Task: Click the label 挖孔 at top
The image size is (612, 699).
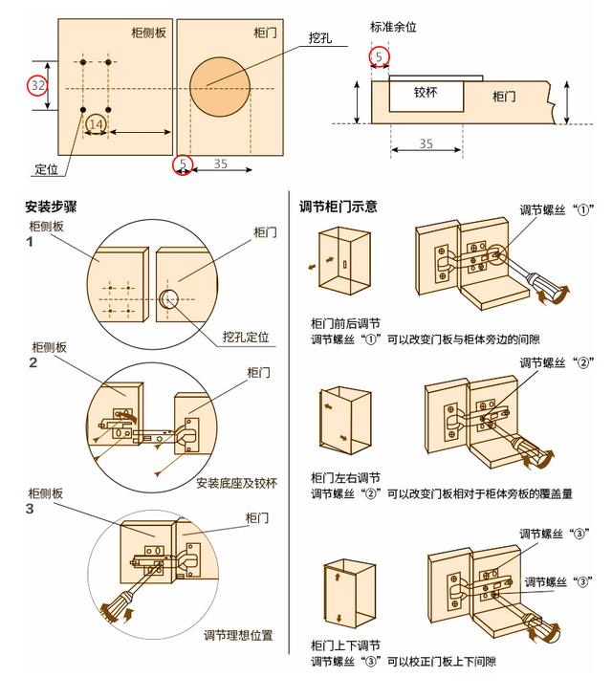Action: click(x=320, y=37)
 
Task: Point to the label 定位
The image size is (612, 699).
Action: click(x=47, y=169)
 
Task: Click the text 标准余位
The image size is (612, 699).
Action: click(x=394, y=27)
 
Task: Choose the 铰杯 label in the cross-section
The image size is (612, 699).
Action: click(x=426, y=94)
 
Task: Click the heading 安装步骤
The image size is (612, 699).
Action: click(x=51, y=207)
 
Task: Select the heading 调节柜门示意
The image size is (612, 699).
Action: click(x=338, y=207)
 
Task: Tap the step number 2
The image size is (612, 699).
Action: click(x=33, y=362)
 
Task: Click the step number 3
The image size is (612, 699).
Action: click(x=32, y=509)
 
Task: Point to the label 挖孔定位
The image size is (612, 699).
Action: click(x=246, y=338)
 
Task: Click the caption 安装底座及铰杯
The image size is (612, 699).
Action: click(x=236, y=483)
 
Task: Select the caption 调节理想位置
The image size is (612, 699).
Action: click(x=238, y=635)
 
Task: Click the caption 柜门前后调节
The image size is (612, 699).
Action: click(x=345, y=323)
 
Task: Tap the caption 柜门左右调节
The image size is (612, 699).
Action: click(x=345, y=477)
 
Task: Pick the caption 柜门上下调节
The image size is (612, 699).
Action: click(x=345, y=645)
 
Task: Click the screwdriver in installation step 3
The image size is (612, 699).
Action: click(x=119, y=605)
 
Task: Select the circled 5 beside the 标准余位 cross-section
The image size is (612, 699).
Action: click(x=380, y=58)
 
